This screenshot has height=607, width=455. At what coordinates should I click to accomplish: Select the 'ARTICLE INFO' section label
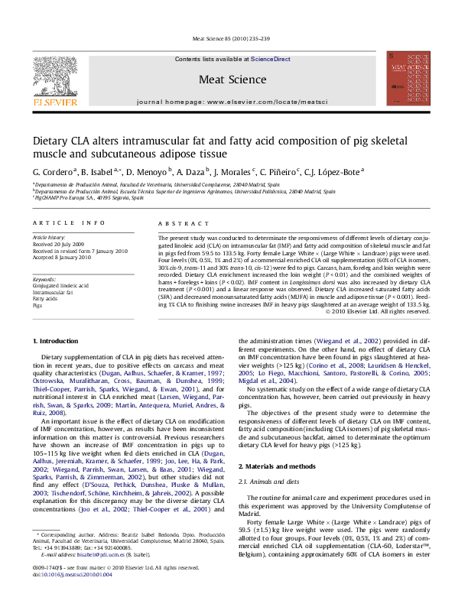coord(69,222)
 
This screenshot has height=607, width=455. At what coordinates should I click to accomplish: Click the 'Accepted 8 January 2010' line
coord(61,256)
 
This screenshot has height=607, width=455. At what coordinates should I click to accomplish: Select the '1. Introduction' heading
coord(58,339)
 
